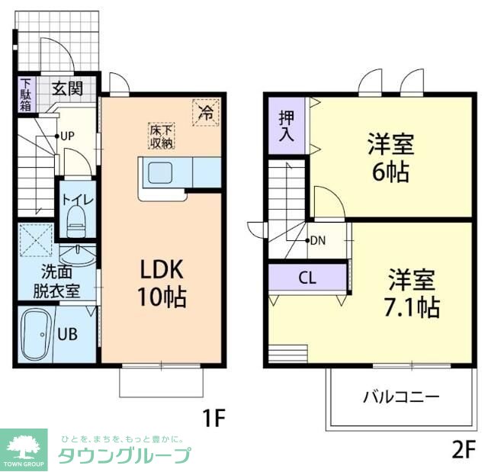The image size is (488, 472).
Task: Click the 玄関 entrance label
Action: tap(67, 86)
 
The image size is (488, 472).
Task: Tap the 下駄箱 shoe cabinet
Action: tap(26, 95)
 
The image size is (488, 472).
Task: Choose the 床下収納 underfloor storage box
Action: tap(161, 135)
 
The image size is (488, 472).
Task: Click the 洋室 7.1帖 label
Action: tap(411, 294)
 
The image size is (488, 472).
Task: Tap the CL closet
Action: tap(307, 278)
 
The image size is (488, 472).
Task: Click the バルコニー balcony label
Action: tap(400, 397)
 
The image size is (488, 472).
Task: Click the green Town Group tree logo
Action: tap(24, 448)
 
